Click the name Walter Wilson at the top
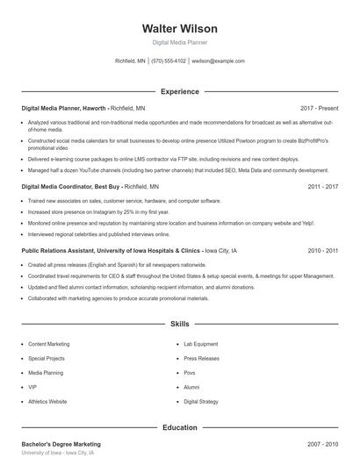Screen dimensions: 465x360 [180, 29]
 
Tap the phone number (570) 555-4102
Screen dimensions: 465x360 [169, 61]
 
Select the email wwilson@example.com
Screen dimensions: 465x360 [218, 61]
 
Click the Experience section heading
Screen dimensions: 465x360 [180, 91]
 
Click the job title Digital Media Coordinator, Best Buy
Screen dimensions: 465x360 [71, 187]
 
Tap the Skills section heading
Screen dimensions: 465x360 [180, 324]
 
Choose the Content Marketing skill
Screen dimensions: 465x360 [49, 344]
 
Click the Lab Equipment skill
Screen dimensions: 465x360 [201, 344]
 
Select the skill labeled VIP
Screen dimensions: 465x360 [32, 387]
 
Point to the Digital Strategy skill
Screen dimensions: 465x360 [201, 401]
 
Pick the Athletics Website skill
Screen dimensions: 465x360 [47, 401]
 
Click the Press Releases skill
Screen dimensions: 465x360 [201, 358]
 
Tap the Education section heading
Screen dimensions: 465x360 [180, 427]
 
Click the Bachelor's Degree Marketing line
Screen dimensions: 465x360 [61, 444]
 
